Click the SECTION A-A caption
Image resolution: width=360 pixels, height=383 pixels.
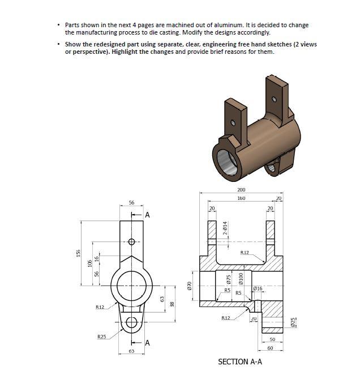click(239, 361)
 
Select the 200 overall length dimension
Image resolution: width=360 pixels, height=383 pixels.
click(241, 190)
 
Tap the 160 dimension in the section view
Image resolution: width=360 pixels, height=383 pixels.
click(241, 199)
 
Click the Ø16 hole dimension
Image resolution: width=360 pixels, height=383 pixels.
click(258, 289)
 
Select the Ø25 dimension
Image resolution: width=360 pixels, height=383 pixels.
click(293, 322)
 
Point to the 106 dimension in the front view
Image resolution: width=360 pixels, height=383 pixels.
click(89, 263)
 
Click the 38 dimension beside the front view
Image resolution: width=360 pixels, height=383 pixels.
click(172, 304)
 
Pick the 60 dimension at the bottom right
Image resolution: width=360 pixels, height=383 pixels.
click(271, 347)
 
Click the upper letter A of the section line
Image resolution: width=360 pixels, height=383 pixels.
click(147, 215)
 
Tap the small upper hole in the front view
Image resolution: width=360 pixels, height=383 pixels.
click(132, 242)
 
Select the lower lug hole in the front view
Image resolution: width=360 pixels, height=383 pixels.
click(132, 322)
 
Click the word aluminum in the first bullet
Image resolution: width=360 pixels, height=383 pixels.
click(229, 25)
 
